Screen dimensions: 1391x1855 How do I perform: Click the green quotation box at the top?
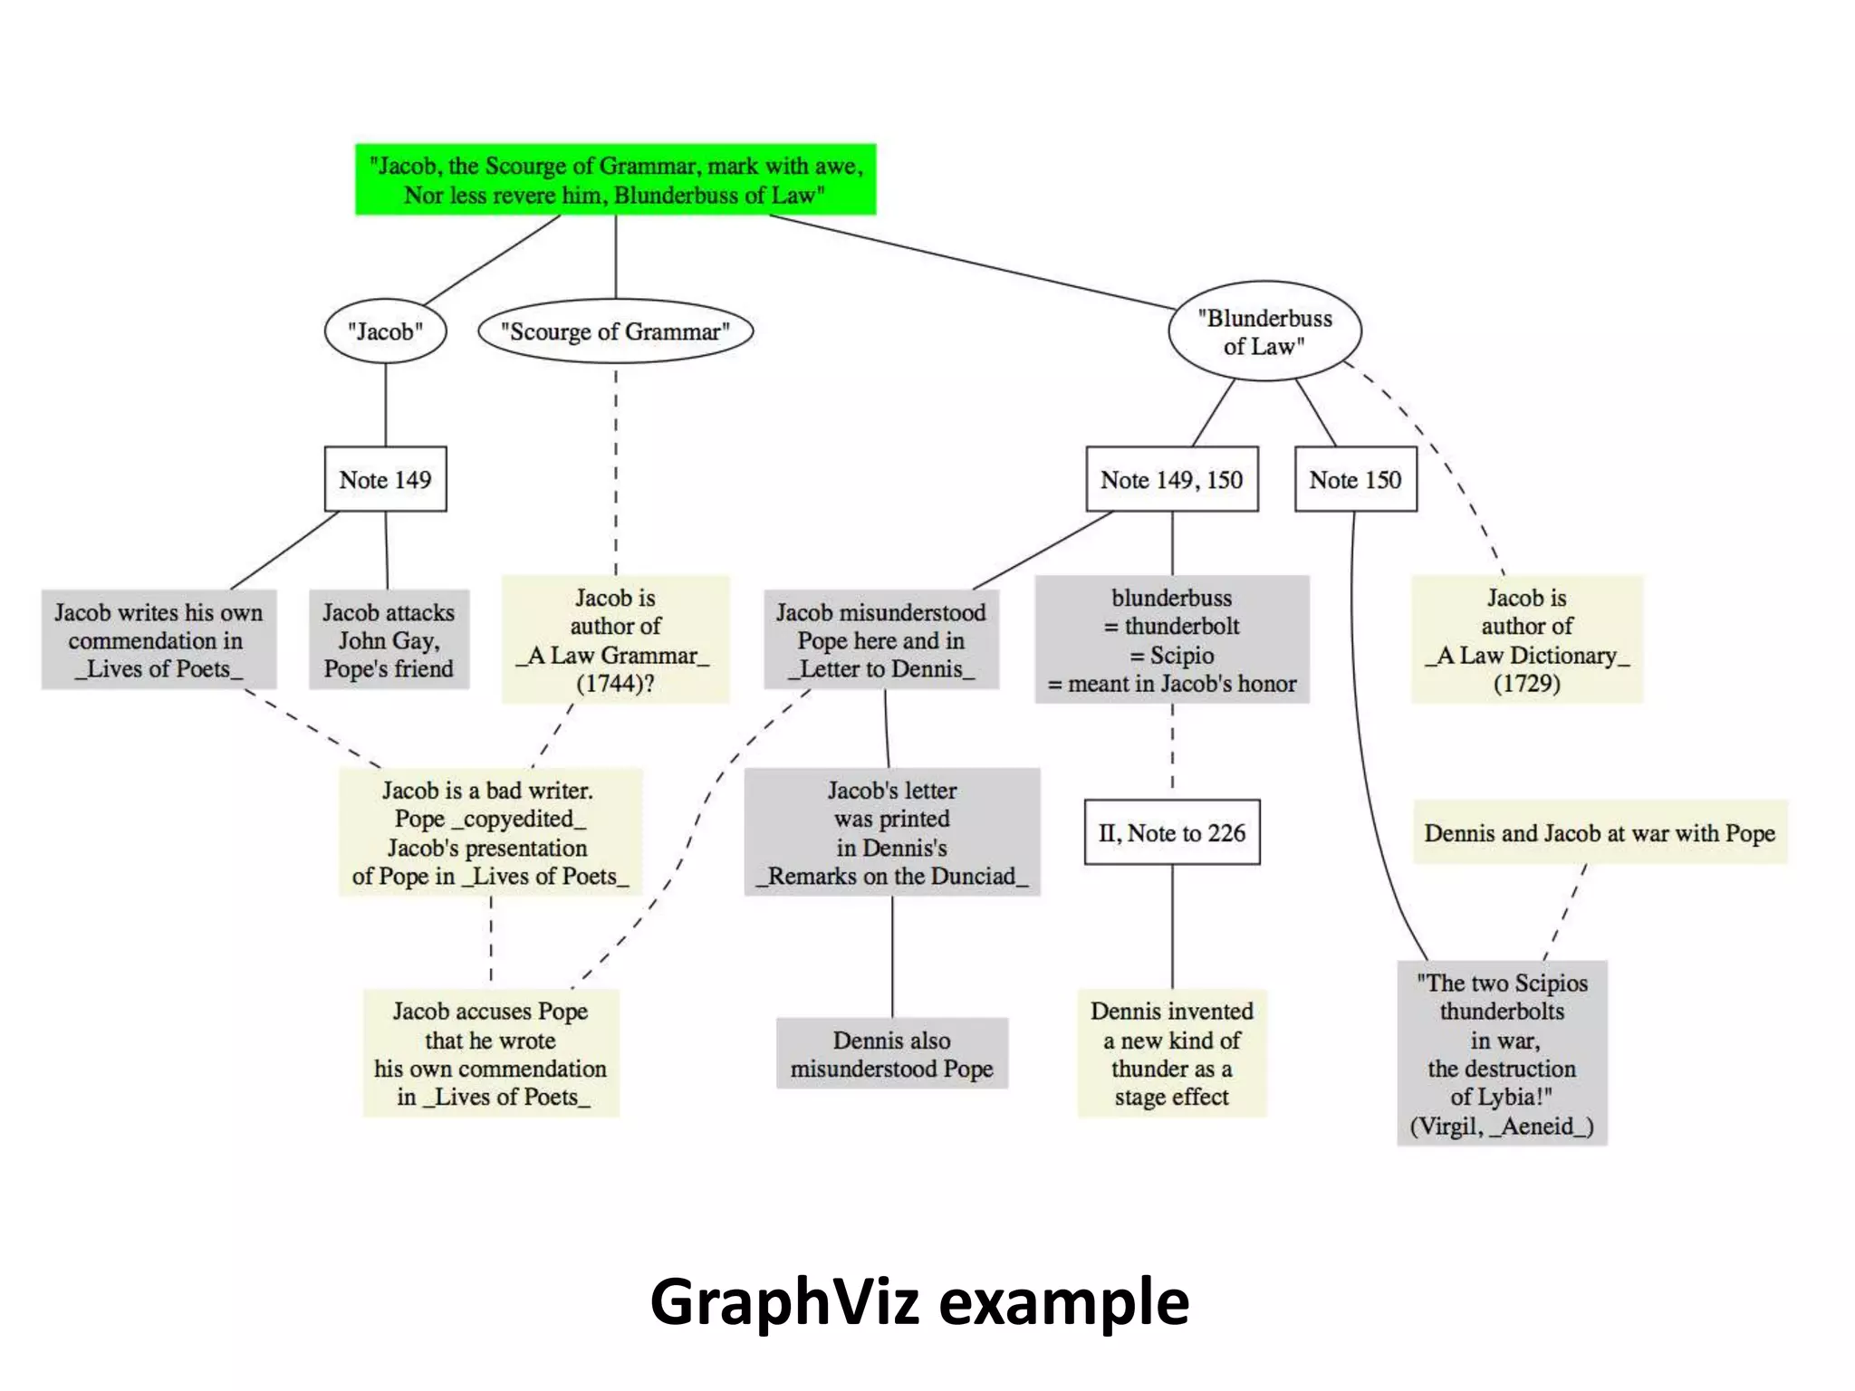point(615,179)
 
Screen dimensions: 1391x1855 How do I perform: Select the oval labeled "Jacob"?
point(385,331)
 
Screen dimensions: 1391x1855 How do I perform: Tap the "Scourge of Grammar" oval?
point(615,331)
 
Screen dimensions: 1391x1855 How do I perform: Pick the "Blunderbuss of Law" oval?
point(1264,331)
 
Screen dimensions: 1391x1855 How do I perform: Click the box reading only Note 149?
point(385,479)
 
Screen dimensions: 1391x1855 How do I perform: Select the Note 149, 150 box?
point(1171,479)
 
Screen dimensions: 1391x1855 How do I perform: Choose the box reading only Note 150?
point(1355,479)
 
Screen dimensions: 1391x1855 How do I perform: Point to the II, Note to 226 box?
point(1171,832)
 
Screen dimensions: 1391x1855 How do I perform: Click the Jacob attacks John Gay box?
point(389,640)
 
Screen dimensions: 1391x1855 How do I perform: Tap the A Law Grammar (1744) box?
point(615,639)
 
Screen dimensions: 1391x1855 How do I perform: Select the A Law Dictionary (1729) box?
point(1526,639)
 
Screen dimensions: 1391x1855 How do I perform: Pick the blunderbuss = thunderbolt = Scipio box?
point(1171,639)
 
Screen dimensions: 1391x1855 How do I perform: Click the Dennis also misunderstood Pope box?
point(891,1053)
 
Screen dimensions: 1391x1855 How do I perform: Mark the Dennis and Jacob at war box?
point(1600,832)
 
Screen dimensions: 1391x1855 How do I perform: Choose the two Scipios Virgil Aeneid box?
point(1502,1053)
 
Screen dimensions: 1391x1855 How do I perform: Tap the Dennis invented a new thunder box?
point(1171,1053)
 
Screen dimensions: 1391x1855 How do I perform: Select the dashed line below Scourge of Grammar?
point(616,471)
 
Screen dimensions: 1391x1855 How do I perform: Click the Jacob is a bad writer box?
point(490,832)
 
